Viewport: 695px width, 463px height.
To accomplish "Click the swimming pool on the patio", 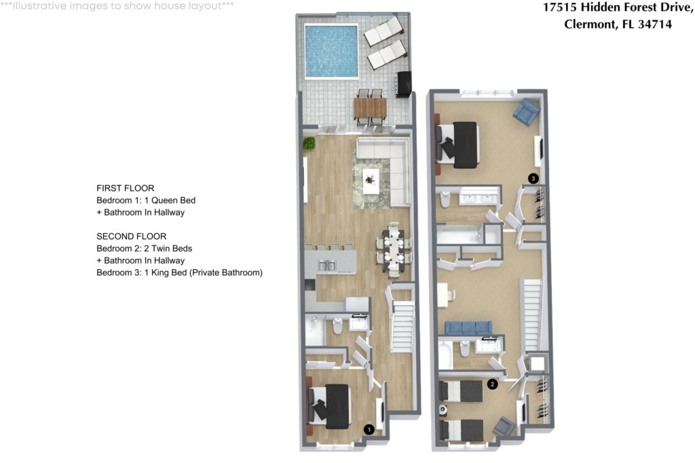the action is [331, 51].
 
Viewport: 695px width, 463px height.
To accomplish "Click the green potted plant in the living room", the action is [309, 144].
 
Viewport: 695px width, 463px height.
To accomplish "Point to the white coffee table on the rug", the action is [371, 181].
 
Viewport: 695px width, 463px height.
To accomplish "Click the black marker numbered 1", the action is [369, 429].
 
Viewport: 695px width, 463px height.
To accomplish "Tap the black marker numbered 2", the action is [493, 384].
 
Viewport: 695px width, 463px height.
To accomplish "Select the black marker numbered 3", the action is [533, 178].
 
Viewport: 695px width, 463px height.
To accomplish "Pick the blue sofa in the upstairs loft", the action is [468, 327].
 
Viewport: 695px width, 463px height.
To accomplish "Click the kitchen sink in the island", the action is [327, 266].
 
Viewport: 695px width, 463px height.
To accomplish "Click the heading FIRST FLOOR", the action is [126, 188].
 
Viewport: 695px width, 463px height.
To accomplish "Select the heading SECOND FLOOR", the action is [132, 237].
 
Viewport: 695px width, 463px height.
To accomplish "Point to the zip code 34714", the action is [655, 24].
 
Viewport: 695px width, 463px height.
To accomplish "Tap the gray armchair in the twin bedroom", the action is [504, 426].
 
